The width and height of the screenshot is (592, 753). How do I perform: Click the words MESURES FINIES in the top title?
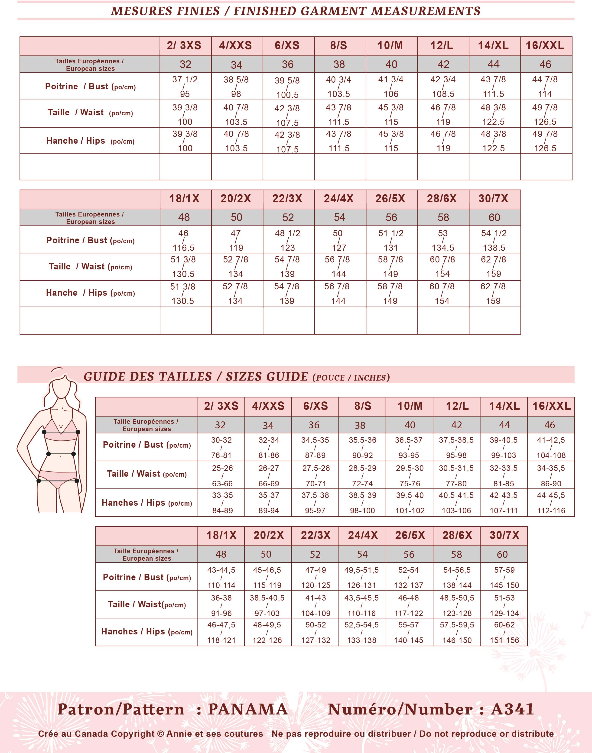pos(165,11)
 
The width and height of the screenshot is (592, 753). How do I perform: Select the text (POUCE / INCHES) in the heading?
pos(351,378)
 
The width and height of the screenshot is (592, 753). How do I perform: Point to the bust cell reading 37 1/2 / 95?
pos(185,87)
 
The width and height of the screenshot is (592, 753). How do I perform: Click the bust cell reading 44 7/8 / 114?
pos(545,87)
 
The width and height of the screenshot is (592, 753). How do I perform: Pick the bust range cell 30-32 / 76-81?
pos(221,447)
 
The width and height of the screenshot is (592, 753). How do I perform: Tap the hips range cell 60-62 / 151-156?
pos(504,633)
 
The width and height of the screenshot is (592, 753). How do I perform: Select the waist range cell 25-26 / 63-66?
pos(222,475)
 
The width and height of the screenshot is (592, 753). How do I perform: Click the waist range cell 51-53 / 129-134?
pos(504,605)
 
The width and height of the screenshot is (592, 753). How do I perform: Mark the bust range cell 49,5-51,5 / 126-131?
pos(361,577)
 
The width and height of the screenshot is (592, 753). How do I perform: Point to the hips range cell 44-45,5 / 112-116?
pos(551,503)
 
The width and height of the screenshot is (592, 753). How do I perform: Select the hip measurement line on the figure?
pos(58,481)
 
